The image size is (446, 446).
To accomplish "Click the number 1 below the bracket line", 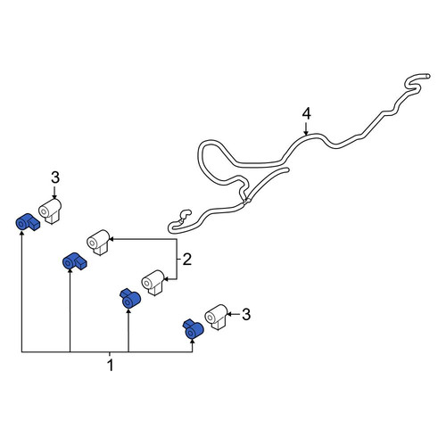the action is (111, 366).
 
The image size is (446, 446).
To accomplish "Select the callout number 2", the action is (186, 260).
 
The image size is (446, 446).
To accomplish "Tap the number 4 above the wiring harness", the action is (306, 114).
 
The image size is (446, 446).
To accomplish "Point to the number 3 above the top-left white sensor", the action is (55, 178).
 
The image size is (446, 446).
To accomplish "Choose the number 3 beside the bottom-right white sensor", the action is (246, 314).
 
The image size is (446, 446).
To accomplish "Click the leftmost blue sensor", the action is (28, 222).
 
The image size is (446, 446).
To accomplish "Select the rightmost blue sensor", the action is (193, 329).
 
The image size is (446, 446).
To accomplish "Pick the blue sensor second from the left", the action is (75, 261).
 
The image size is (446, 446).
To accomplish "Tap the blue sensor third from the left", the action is (130, 298).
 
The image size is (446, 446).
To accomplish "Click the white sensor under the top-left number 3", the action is (50, 211).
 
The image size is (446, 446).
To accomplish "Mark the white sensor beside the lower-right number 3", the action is (216, 317).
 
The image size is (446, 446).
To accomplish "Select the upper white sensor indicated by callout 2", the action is (98, 243).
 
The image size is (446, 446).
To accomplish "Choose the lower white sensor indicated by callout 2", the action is (153, 283).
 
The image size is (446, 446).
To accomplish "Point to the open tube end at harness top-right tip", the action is (427, 76).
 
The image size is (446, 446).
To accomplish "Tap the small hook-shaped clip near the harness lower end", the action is (185, 215).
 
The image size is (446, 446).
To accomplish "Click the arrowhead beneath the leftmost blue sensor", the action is (21, 233).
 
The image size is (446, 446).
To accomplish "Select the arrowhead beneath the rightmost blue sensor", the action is (193, 342).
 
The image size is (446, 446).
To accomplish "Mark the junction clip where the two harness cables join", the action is (245, 202).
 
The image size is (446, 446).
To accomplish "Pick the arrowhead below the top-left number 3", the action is (54, 196).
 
